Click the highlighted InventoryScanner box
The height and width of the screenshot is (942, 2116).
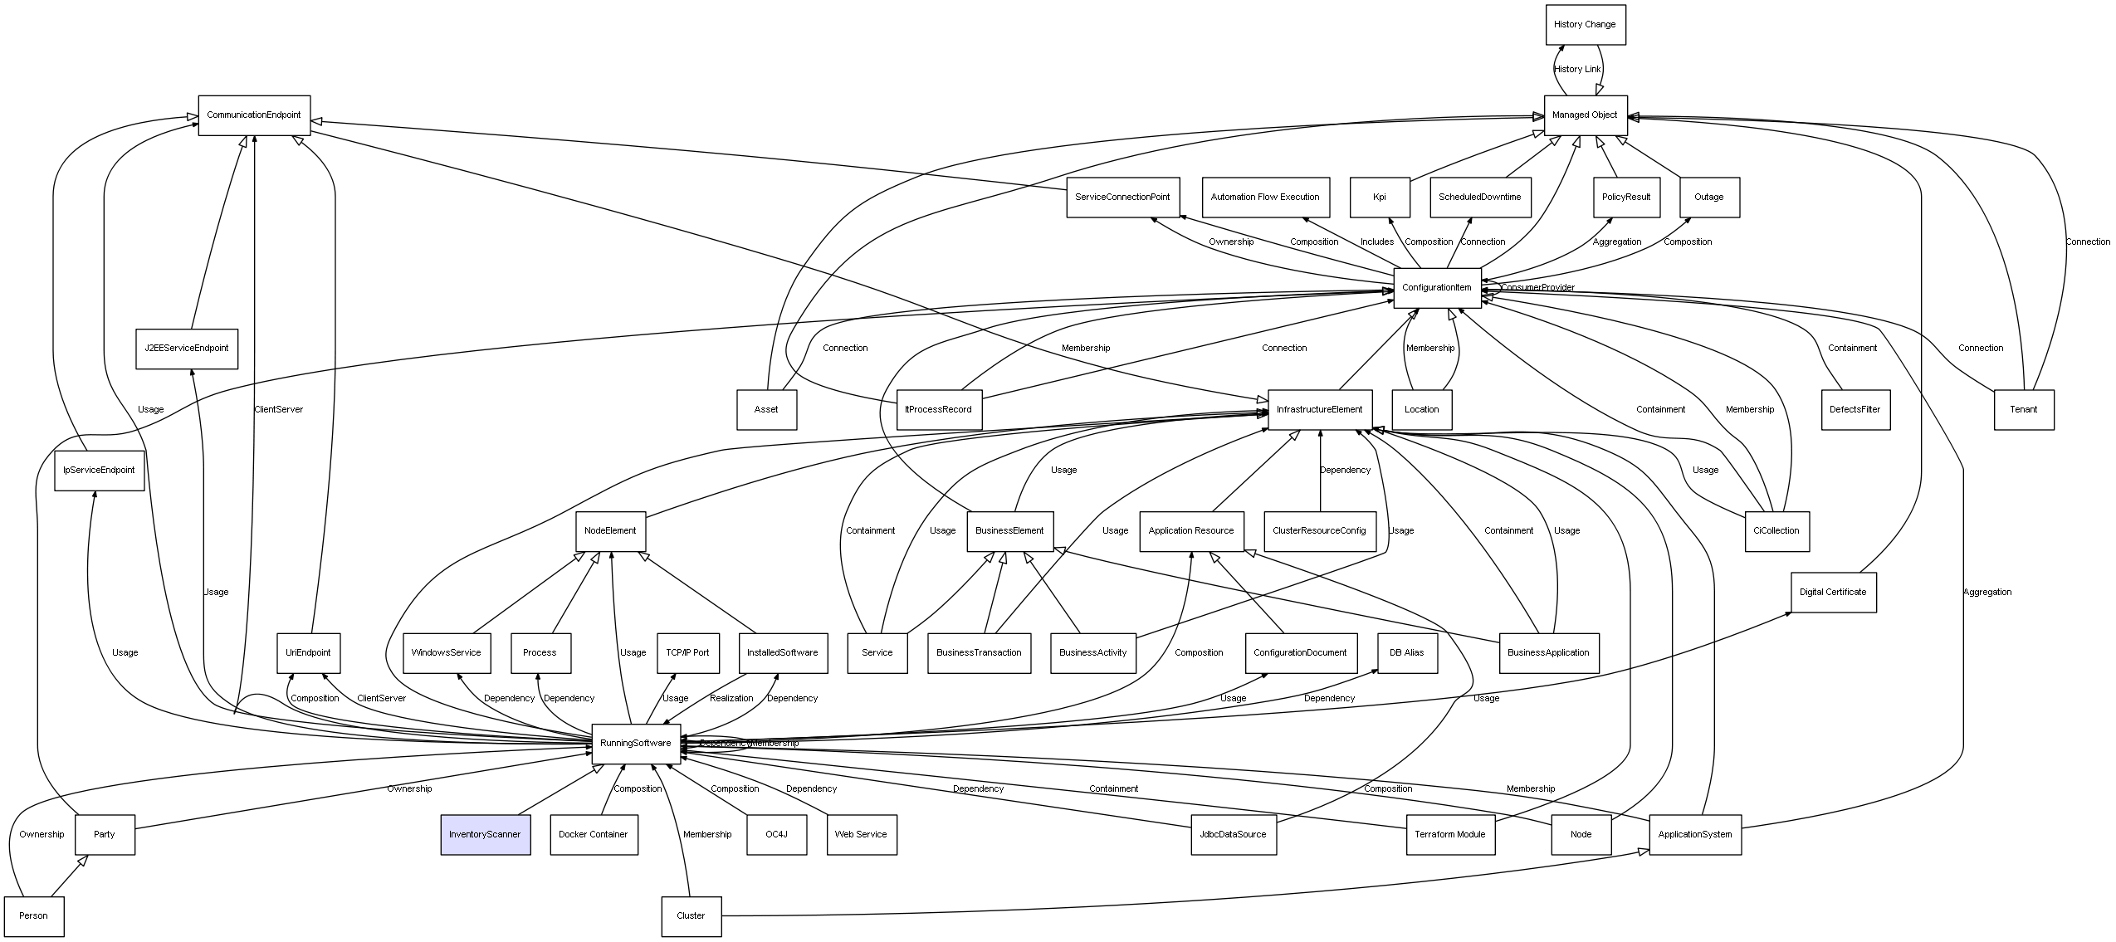tap(485, 834)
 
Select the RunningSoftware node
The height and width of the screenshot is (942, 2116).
tap(635, 743)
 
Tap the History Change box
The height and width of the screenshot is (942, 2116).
tap(1585, 24)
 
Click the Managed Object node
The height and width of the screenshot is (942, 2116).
tap(1585, 115)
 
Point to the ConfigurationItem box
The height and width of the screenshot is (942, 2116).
tap(1437, 287)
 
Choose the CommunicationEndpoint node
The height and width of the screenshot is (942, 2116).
tap(253, 115)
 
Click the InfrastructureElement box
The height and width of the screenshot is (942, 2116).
tap(1319, 409)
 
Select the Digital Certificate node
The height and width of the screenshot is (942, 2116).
tap(1833, 592)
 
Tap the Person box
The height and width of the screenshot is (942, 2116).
tap(33, 915)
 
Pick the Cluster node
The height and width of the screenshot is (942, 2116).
tap(691, 915)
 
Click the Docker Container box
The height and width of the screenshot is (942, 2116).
tap(593, 834)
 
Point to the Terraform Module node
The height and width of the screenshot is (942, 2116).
tap(1450, 834)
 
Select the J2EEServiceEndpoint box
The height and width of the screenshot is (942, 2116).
tap(186, 348)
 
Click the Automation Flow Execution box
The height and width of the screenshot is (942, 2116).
tap(1265, 197)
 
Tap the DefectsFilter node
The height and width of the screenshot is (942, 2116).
tap(1855, 409)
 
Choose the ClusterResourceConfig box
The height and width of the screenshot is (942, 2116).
tap(1319, 530)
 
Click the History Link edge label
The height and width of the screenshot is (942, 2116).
tap(1577, 69)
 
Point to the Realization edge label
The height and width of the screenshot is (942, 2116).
tap(731, 698)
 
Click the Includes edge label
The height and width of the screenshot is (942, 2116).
tap(1377, 242)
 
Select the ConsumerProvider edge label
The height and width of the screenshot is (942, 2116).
tap(1537, 287)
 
